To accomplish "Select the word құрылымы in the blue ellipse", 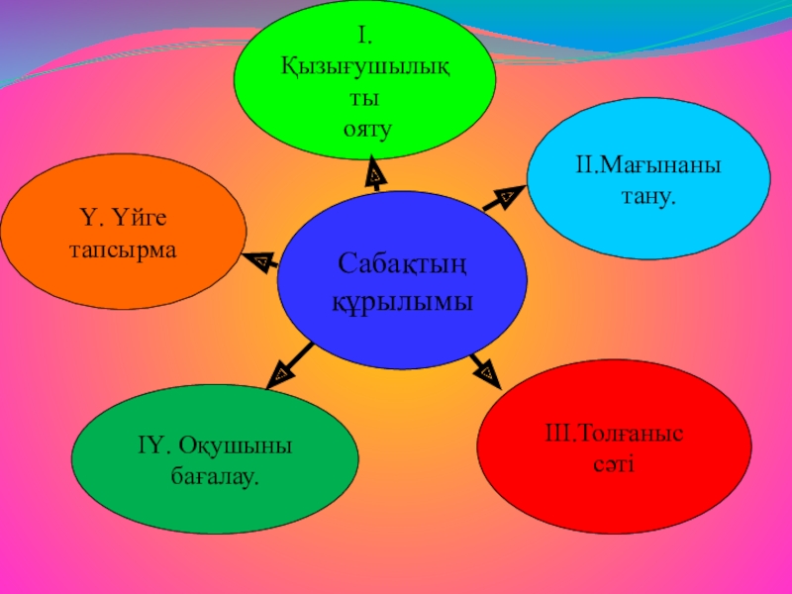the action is (x=402, y=300).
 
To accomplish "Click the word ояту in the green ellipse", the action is (x=367, y=129).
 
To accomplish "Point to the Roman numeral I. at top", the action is (x=365, y=38).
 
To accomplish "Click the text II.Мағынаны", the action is (x=648, y=164).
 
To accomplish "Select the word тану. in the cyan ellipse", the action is (x=648, y=197).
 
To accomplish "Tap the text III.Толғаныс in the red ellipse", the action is (x=617, y=433).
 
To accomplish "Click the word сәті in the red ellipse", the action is (x=617, y=463).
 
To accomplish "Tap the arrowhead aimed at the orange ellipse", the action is (x=261, y=261).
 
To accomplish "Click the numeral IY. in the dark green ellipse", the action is (x=154, y=445).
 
